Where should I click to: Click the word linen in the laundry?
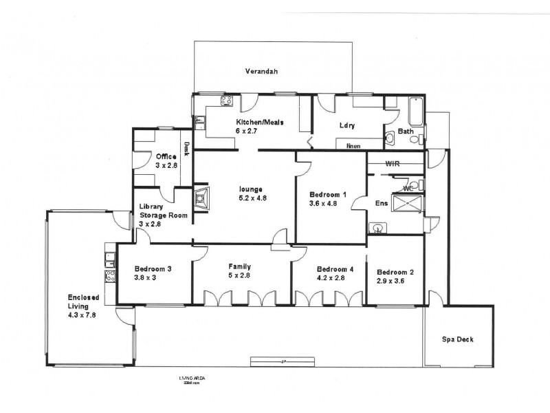click(353, 146)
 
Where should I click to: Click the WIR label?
click(393, 164)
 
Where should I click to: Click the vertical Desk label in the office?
click(186, 149)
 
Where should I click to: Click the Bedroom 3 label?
click(153, 269)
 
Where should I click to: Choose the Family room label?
click(239, 266)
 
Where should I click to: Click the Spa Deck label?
click(457, 339)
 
